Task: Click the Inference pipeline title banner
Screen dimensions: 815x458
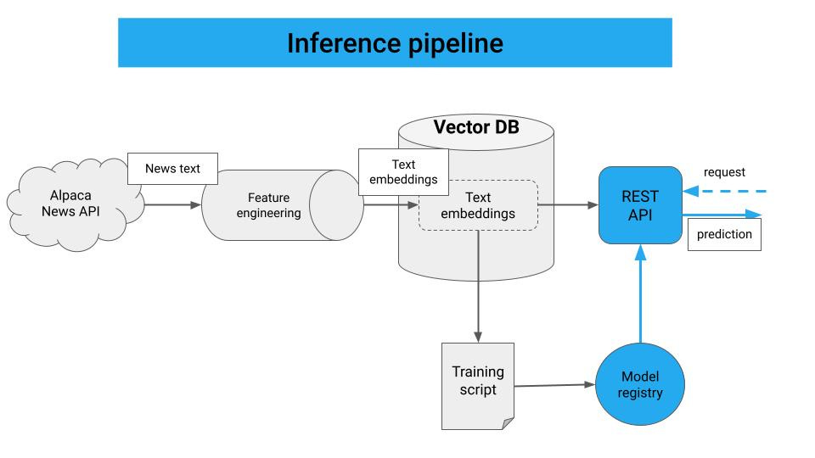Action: pyautogui.click(x=395, y=42)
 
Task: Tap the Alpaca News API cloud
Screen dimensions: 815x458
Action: pyautogui.click(x=73, y=205)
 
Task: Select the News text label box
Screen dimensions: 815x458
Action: pyautogui.click(x=172, y=169)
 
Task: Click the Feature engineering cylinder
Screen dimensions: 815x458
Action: pyautogui.click(x=282, y=205)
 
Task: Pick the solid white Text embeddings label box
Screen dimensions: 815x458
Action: pyautogui.click(x=403, y=172)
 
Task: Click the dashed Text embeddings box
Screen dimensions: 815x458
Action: pyautogui.click(x=478, y=205)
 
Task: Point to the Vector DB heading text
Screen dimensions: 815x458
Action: pyautogui.click(x=476, y=126)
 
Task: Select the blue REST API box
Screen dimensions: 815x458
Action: pyautogui.click(x=640, y=205)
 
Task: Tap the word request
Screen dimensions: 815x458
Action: pyautogui.click(x=724, y=172)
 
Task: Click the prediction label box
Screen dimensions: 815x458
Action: pyautogui.click(x=724, y=234)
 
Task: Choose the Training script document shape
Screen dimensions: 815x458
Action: pyautogui.click(x=478, y=386)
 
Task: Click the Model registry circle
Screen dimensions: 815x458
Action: pyautogui.click(x=640, y=384)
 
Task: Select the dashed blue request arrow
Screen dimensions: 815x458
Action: pyautogui.click(x=724, y=191)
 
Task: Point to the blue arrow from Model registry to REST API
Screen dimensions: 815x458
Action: pyautogui.click(x=640, y=293)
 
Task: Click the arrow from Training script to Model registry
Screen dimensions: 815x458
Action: pyautogui.click(x=554, y=385)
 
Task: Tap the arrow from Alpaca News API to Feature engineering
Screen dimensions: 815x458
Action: pyautogui.click(x=172, y=205)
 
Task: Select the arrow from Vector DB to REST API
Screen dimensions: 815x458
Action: pyautogui.click(x=568, y=205)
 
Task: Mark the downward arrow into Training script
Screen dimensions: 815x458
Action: pyautogui.click(x=478, y=287)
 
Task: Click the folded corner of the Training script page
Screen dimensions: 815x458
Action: pyautogui.click(x=508, y=424)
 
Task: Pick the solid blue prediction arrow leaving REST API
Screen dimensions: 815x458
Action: pyautogui.click(x=722, y=214)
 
